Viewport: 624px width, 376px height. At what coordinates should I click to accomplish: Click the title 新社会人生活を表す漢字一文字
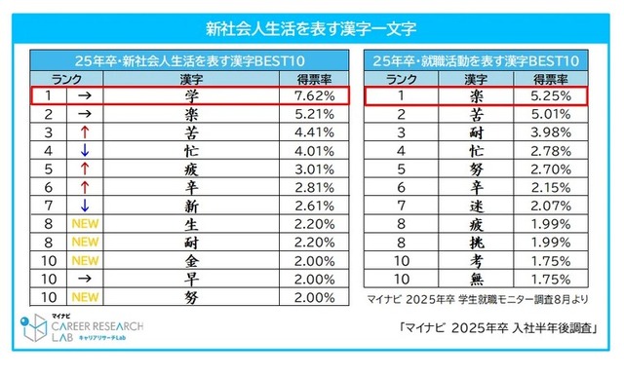click(x=311, y=23)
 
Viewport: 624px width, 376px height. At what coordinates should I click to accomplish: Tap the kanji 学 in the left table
click(x=191, y=96)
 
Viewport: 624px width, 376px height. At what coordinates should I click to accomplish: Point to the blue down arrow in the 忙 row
click(x=83, y=151)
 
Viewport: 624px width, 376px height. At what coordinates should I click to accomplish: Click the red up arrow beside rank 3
click(x=83, y=132)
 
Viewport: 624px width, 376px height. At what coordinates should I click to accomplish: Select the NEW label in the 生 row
click(x=83, y=224)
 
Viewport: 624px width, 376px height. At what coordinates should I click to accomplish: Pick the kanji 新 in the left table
click(x=191, y=206)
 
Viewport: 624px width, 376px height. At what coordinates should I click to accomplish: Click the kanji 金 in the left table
click(x=191, y=260)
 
